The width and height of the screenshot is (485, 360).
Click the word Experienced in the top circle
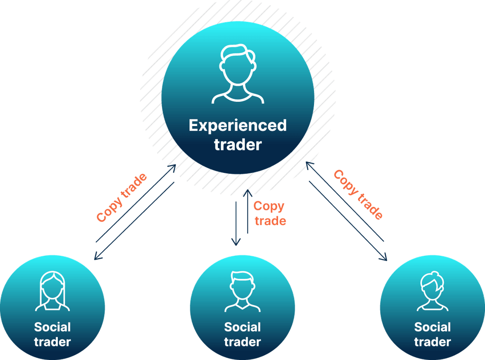(x=238, y=126)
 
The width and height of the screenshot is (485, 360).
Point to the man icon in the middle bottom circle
(x=242, y=292)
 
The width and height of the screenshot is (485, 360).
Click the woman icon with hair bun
(x=432, y=292)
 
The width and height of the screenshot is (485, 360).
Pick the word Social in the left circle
(x=53, y=327)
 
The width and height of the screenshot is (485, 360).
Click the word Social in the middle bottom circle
(x=242, y=327)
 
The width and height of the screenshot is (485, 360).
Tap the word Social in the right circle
(x=432, y=327)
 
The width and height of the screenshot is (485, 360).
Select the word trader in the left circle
(x=53, y=342)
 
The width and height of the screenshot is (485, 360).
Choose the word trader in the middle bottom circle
(x=242, y=342)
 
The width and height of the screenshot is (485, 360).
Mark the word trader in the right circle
(x=432, y=342)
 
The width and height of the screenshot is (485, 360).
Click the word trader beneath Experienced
(x=238, y=145)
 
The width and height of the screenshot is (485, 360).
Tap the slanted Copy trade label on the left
(x=121, y=198)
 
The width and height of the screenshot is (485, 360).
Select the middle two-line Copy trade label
(x=269, y=213)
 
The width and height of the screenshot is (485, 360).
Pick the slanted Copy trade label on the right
(x=358, y=194)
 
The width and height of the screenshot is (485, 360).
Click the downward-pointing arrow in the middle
(x=236, y=223)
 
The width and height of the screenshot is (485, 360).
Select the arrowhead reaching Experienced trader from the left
(x=173, y=167)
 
